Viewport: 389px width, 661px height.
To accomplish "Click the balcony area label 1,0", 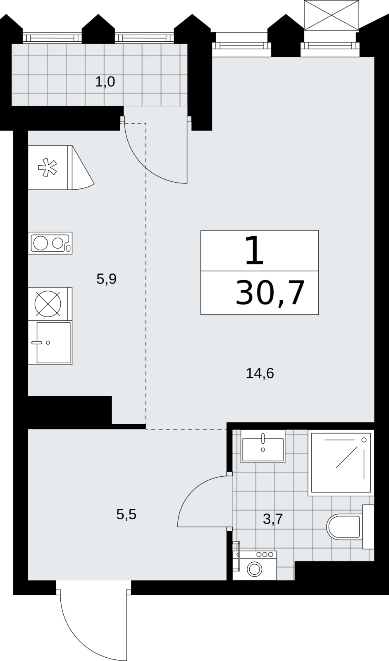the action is pos(105,82).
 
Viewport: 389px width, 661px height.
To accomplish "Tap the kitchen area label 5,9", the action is pos(106,279).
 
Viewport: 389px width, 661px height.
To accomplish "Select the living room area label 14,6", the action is pos(260,373).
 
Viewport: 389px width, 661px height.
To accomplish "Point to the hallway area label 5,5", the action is pos(126,514).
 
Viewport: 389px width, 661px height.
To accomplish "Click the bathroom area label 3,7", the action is pos(273,519).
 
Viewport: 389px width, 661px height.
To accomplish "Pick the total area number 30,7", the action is pos(270,293).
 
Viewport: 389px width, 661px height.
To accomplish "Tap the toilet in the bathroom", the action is pos(350,527).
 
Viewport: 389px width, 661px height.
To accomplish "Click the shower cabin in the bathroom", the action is pos(341,463).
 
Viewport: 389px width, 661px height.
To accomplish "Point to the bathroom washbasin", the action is pos(263,446).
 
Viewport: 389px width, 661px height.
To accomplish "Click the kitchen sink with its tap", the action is pos(50,342).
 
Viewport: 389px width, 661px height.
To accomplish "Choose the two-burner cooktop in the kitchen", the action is pos(50,243).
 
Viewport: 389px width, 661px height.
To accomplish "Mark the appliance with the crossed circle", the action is pos(50,304).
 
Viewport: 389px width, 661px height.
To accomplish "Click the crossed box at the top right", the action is pos(332,15).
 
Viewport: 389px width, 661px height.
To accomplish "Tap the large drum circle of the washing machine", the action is pos(254,569).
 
